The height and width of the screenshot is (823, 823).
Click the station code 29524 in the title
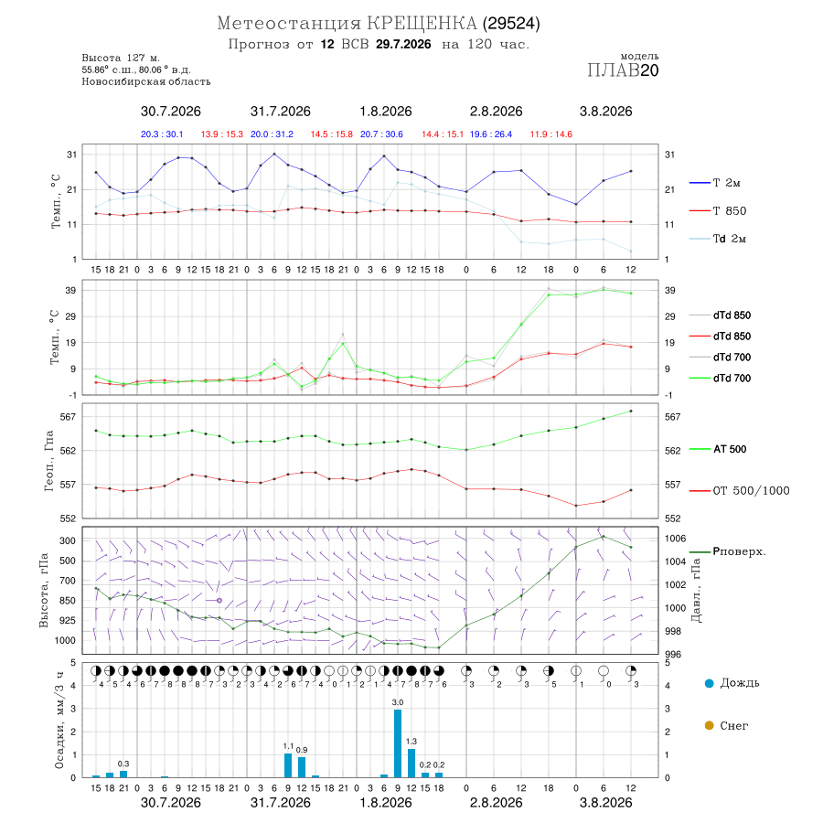click(x=511, y=24)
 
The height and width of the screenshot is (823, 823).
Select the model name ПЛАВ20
click(x=623, y=70)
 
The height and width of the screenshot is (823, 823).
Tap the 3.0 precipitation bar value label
click(x=398, y=702)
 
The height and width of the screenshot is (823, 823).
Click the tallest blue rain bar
click(x=398, y=743)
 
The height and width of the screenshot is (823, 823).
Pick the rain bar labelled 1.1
click(x=288, y=765)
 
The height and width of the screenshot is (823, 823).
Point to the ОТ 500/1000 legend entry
click(x=739, y=491)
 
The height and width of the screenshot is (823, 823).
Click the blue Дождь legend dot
click(x=709, y=683)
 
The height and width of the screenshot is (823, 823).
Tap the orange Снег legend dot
click(x=709, y=725)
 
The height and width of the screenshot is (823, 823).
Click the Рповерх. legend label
click(x=739, y=551)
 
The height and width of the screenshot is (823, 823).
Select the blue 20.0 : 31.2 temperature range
click(x=272, y=134)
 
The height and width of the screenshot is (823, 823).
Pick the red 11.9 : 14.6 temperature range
click(x=550, y=134)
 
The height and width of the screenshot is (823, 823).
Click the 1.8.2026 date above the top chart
click(x=386, y=112)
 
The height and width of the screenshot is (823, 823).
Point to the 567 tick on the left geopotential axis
click(x=69, y=417)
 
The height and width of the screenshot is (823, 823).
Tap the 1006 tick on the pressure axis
click(x=675, y=539)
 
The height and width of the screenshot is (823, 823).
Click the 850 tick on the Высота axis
click(x=68, y=601)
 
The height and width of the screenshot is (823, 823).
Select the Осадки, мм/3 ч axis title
click(x=59, y=721)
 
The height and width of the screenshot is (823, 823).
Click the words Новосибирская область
click(x=146, y=82)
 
